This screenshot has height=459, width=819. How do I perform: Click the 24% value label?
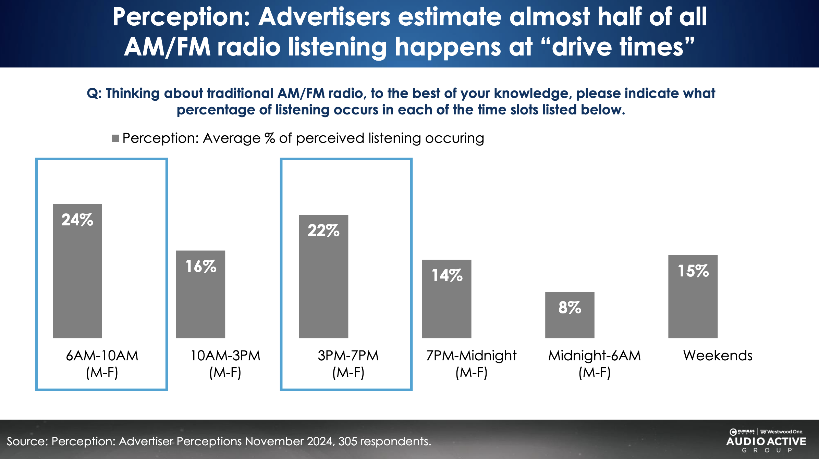77,220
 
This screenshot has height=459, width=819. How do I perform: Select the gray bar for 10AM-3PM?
200,301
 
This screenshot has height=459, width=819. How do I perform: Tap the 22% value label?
323,230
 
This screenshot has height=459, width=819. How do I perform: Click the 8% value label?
570,307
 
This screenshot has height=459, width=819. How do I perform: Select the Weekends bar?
693,305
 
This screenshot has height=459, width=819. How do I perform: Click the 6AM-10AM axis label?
102,364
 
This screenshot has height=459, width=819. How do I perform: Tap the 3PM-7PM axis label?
348,364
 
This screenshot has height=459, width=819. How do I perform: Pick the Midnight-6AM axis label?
594,364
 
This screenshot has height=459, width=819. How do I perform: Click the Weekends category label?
718,356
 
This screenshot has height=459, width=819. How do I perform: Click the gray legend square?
115,138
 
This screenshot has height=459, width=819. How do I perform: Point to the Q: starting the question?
94,93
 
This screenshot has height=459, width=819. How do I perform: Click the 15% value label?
693,271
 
